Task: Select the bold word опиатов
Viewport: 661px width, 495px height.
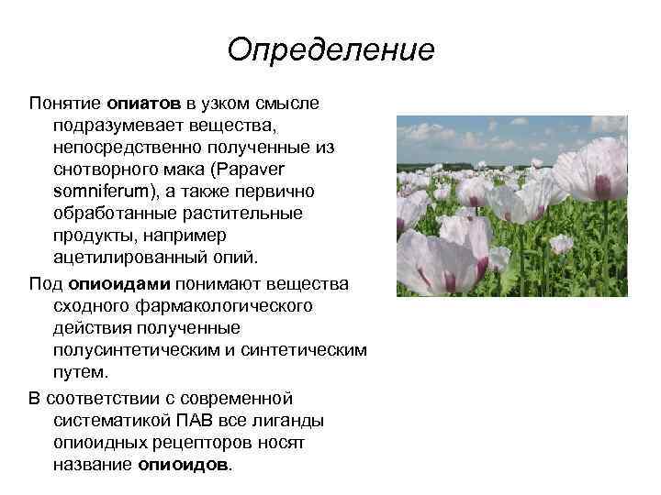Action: tap(144, 104)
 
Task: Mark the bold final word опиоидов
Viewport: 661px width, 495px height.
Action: tap(185, 464)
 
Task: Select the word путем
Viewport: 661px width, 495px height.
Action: tap(81, 372)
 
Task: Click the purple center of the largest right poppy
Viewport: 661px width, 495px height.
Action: tap(601, 187)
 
